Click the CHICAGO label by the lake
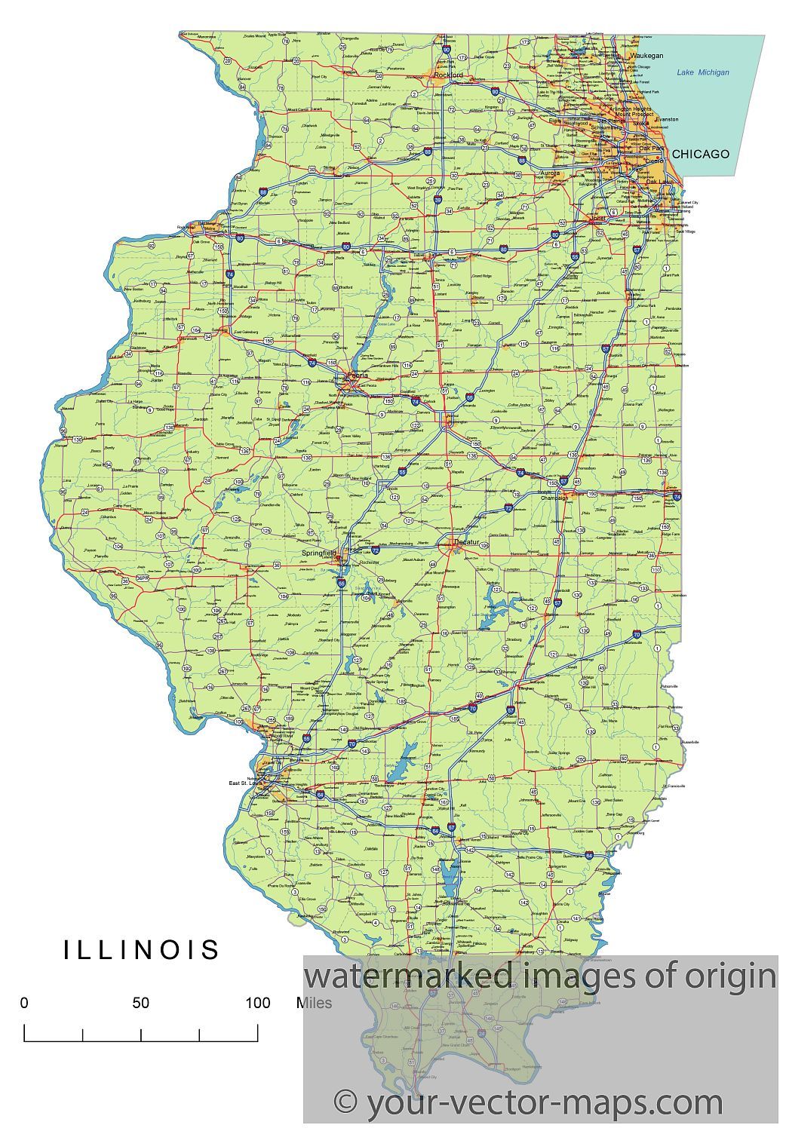701,154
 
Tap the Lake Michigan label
702,72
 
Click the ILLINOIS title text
142,949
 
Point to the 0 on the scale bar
24,1003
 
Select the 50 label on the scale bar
141,1003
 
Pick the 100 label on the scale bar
257,1003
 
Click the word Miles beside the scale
314,1003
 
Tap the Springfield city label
318,553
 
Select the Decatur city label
466,542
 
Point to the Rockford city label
448,75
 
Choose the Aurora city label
550,173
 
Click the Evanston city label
667,119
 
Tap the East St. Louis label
247,783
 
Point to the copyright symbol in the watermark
345,1102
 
